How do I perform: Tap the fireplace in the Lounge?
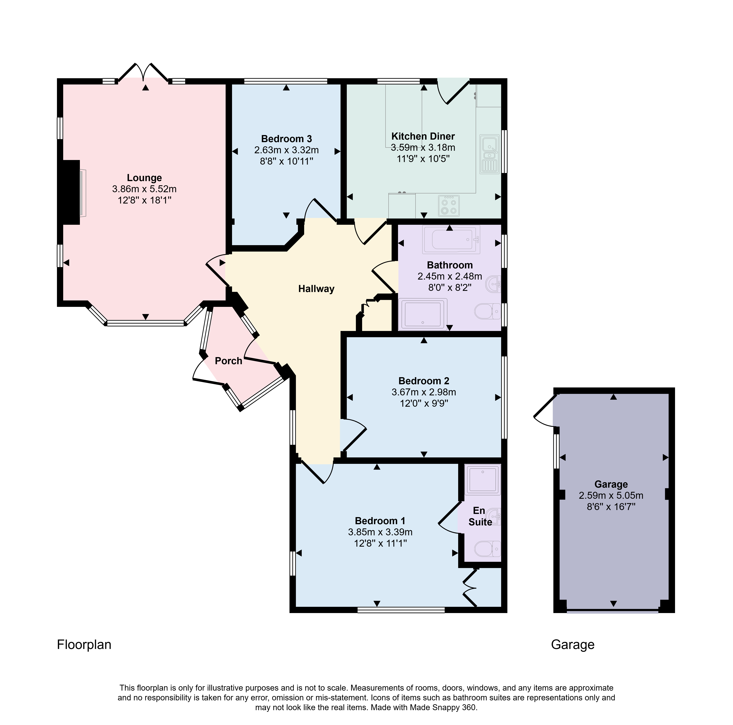tap(72, 192)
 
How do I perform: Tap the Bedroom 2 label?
tap(424, 381)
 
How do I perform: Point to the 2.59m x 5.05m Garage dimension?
tap(611, 495)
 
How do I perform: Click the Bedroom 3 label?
tap(286, 139)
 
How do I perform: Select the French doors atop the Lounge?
tap(143, 72)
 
